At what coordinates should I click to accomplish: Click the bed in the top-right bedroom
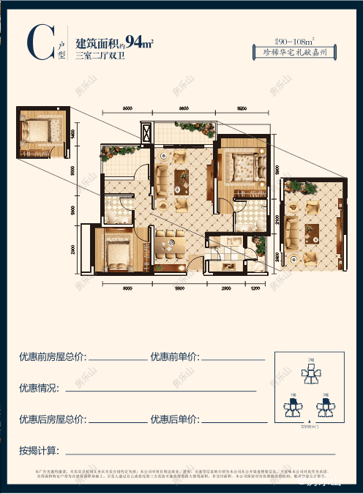click(242, 167)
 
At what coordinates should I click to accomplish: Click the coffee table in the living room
click(181, 179)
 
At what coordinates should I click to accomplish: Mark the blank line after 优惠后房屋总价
click(116, 422)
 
